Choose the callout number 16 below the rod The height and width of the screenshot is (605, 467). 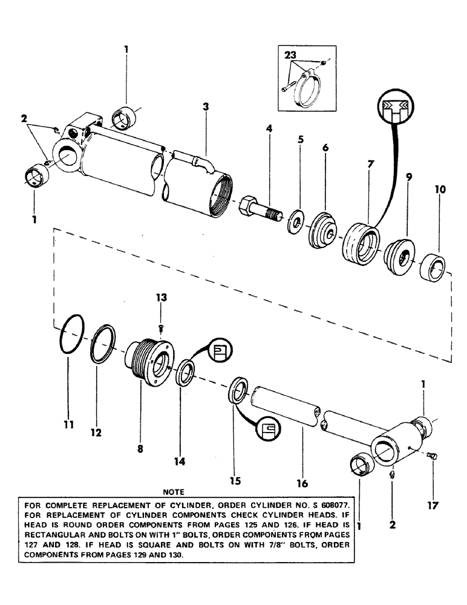pos(302,483)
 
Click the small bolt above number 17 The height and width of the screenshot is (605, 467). pos(431,469)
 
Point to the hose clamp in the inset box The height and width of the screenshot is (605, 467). pos(307,85)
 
